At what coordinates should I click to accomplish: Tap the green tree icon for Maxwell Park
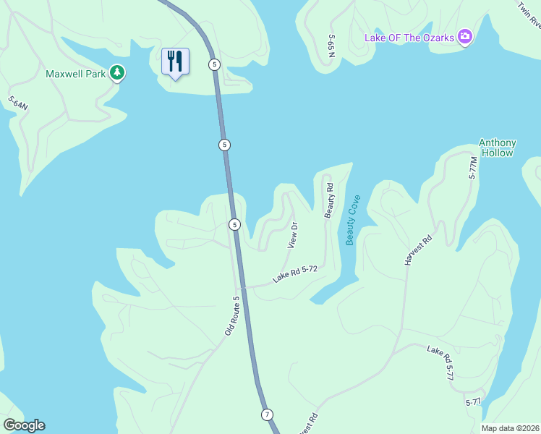pos(116,73)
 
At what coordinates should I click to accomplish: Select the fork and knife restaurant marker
pos(175,61)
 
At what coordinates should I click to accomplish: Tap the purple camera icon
pos(465,36)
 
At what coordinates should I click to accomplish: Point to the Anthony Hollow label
pos(497,148)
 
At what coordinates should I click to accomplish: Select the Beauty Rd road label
pos(330,201)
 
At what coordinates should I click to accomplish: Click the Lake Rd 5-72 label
pos(296,273)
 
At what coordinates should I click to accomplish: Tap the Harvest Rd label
pos(418,250)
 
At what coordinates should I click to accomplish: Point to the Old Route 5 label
pos(231,315)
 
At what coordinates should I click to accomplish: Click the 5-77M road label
pos(474,168)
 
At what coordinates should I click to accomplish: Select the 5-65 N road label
pos(331,50)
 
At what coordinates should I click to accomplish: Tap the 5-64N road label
pos(18,103)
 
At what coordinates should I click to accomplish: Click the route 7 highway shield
pos(267,414)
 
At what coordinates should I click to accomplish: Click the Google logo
pos(24,425)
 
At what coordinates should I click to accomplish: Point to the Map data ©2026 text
pos(511,428)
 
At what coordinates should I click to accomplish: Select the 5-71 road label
pos(474,402)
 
